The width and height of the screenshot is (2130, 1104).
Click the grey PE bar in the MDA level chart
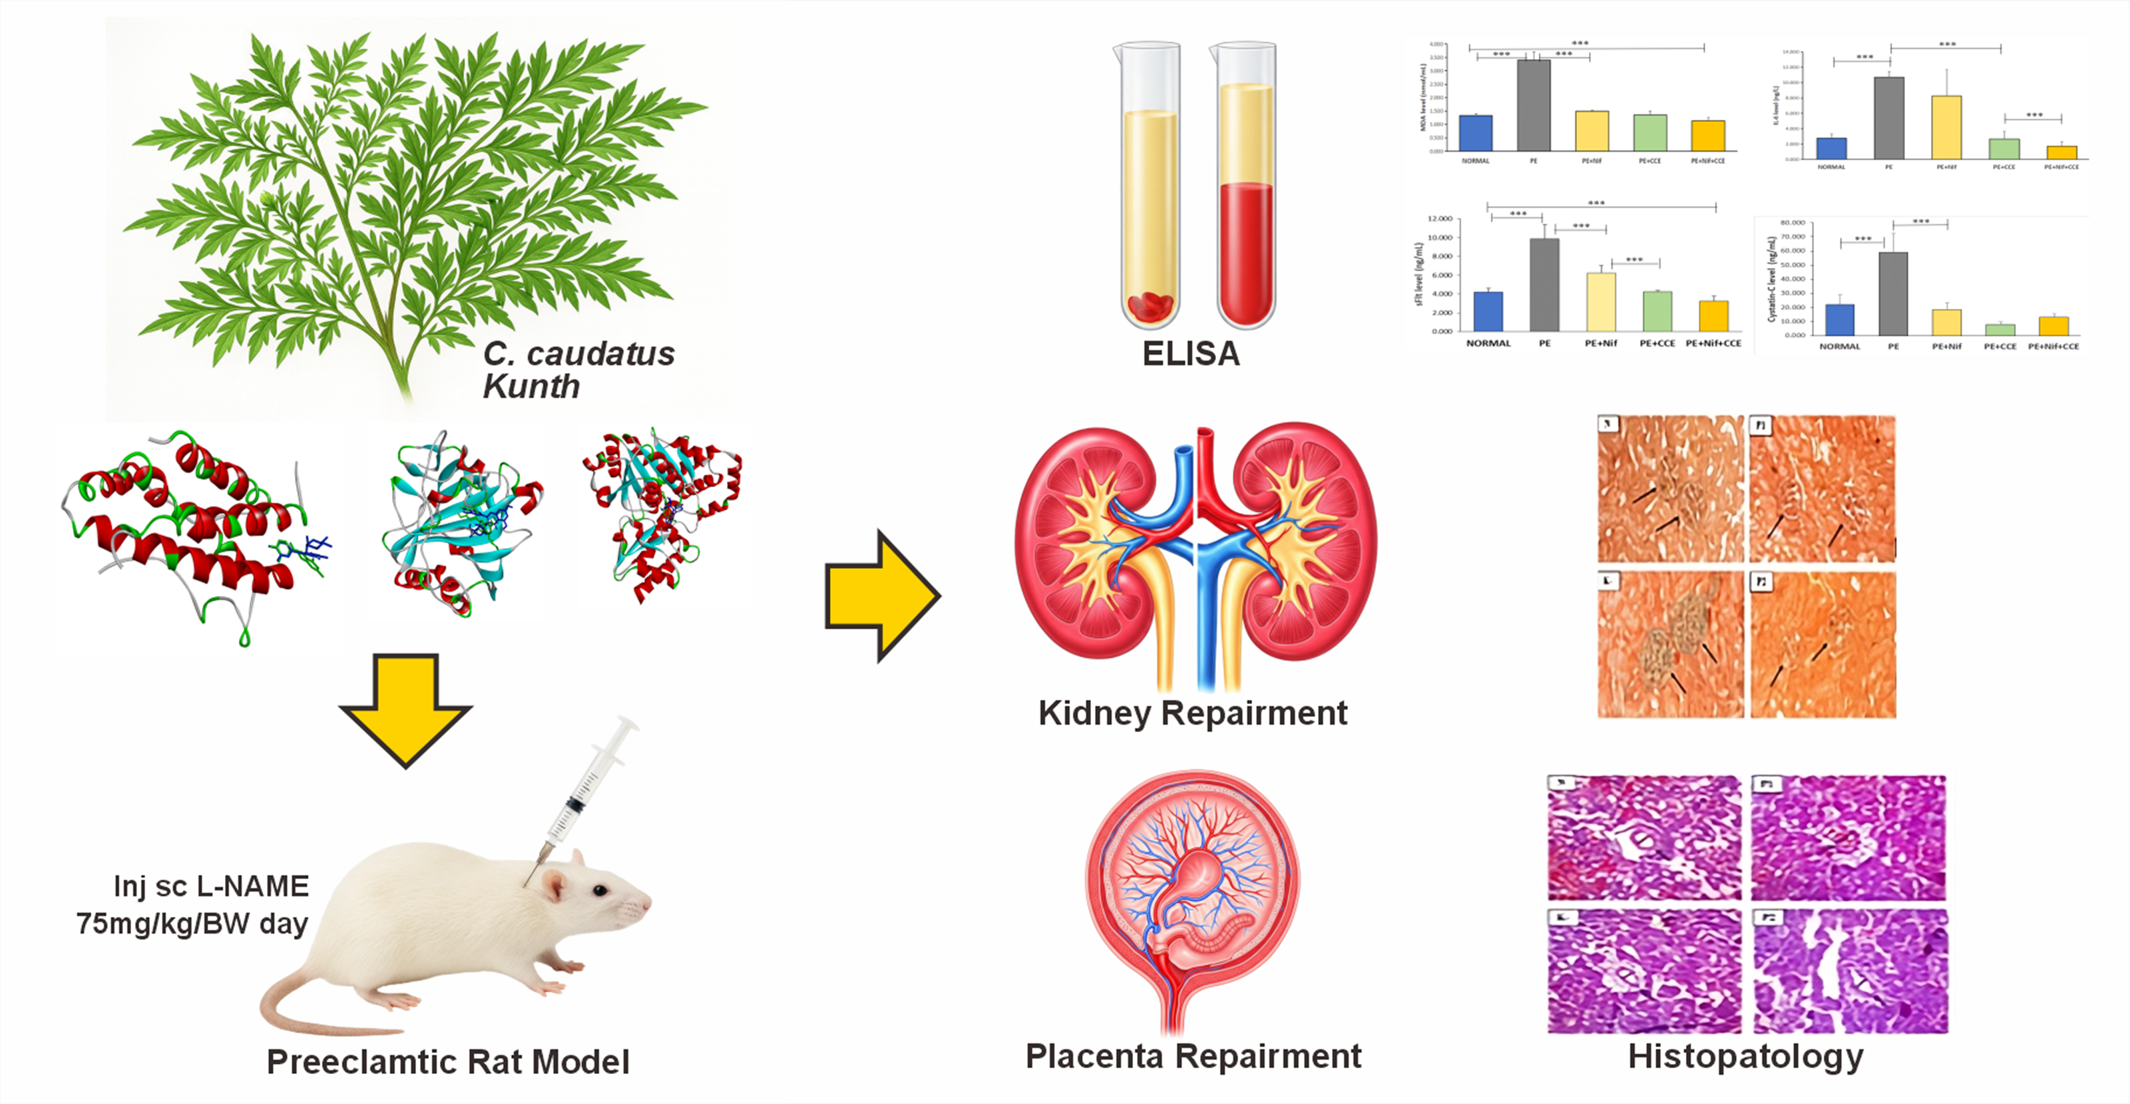(x=1533, y=105)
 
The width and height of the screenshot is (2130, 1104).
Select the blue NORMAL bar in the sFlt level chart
(x=1488, y=311)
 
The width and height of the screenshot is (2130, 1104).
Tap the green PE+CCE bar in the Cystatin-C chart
(x=2000, y=329)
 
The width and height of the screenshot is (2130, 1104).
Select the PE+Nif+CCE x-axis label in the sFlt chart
(x=1713, y=343)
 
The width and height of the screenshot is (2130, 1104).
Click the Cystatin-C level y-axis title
(x=1771, y=279)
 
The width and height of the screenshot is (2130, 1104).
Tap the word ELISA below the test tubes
(x=1191, y=354)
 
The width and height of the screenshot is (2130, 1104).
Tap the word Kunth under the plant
(x=531, y=386)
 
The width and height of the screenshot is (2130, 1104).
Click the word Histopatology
(x=1745, y=1057)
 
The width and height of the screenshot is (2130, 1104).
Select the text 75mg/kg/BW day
(x=192, y=923)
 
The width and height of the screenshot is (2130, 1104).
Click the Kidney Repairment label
(x=1192, y=713)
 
